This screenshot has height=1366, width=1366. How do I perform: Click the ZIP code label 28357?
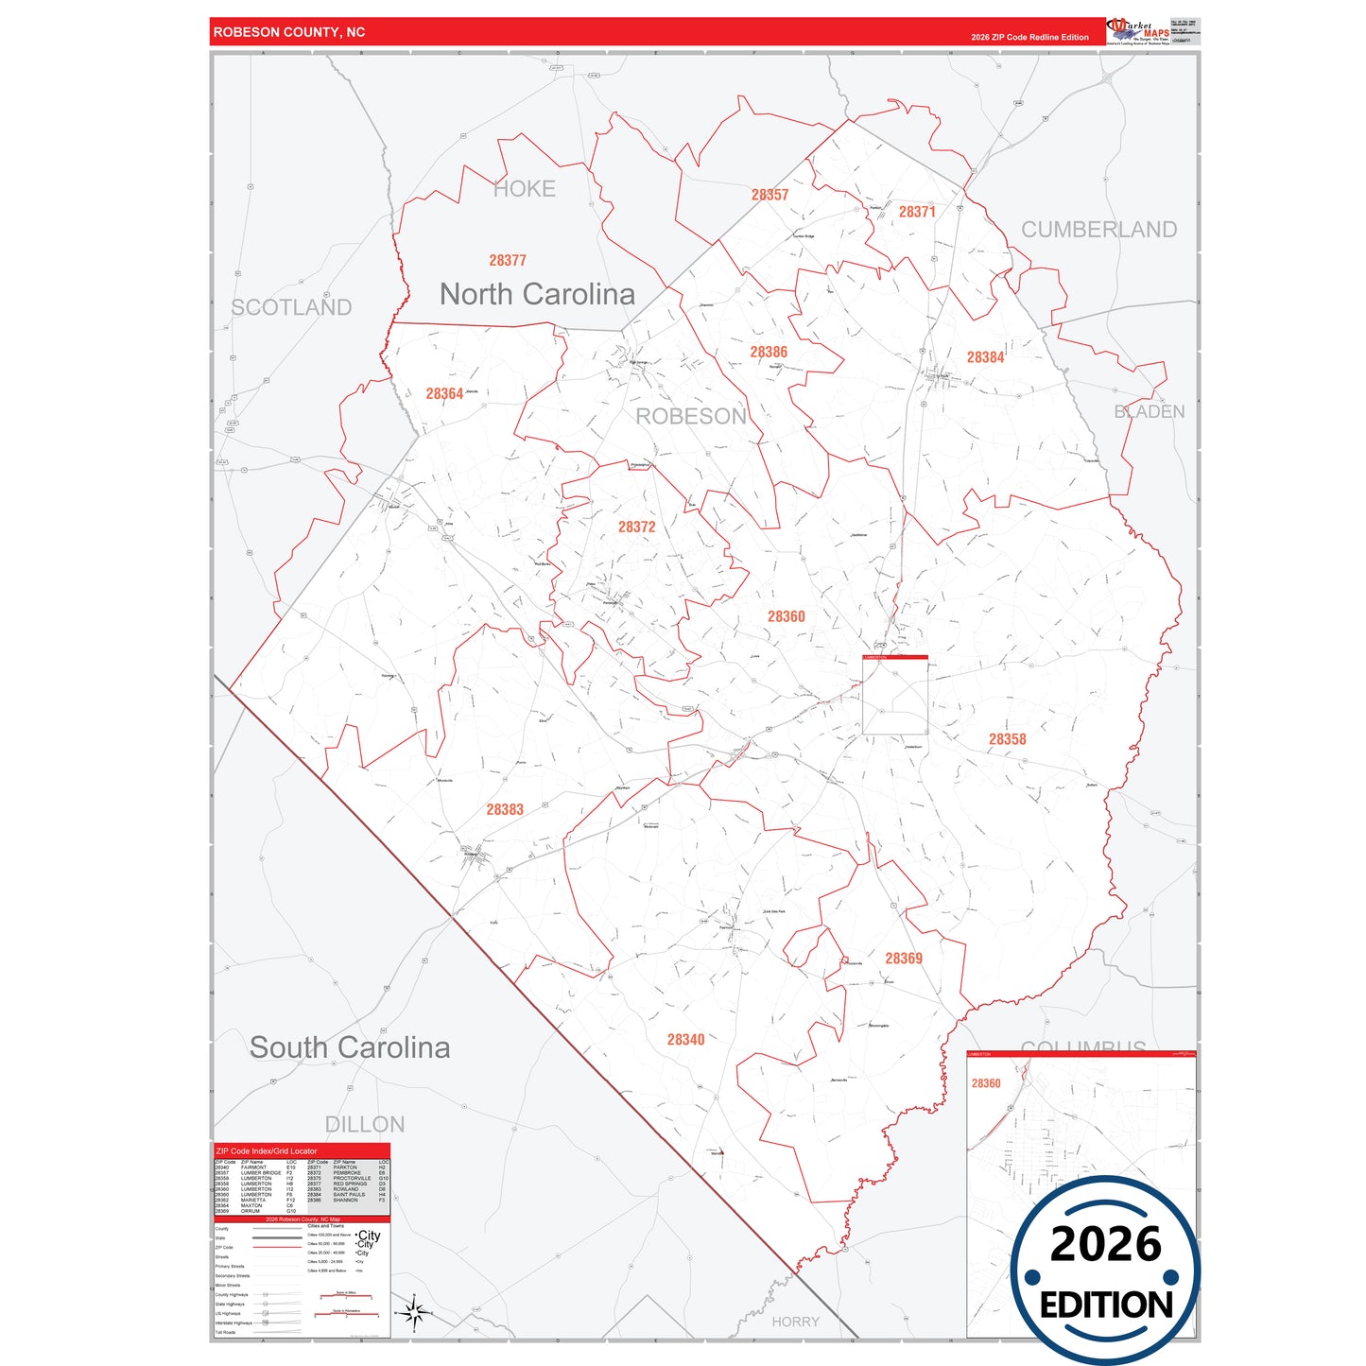[x=769, y=195]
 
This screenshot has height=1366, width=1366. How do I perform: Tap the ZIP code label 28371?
[x=917, y=212]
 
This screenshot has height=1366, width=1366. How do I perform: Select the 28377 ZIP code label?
[x=508, y=260]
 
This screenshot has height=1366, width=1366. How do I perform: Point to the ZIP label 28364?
[x=444, y=393]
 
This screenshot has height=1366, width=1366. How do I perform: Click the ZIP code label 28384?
[x=985, y=357]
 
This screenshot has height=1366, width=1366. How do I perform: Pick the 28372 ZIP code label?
[x=636, y=527]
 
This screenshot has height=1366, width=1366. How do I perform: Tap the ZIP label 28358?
[x=1007, y=739]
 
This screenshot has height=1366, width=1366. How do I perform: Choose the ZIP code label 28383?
[x=505, y=809]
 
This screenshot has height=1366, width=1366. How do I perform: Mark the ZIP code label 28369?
[x=904, y=958]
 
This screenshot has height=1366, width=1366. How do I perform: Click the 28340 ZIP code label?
[x=685, y=1039]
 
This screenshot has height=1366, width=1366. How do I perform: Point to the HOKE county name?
[x=525, y=189]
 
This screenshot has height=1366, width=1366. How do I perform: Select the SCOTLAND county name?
[x=291, y=307]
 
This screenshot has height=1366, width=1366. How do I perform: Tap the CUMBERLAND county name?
[x=1098, y=230]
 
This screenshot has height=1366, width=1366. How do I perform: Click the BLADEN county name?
[x=1149, y=411]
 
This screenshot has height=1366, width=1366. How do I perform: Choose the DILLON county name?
[x=365, y=1124]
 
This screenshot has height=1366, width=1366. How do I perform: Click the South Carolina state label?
[x=350, y=1047]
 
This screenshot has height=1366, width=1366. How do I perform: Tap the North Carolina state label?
[x=537, y=294]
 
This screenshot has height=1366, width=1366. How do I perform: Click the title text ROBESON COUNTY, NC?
[x=289, y=32]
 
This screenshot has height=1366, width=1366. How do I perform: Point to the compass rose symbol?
[x=413, y=1312]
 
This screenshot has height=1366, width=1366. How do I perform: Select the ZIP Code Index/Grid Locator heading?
[x=267, y=1151]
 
